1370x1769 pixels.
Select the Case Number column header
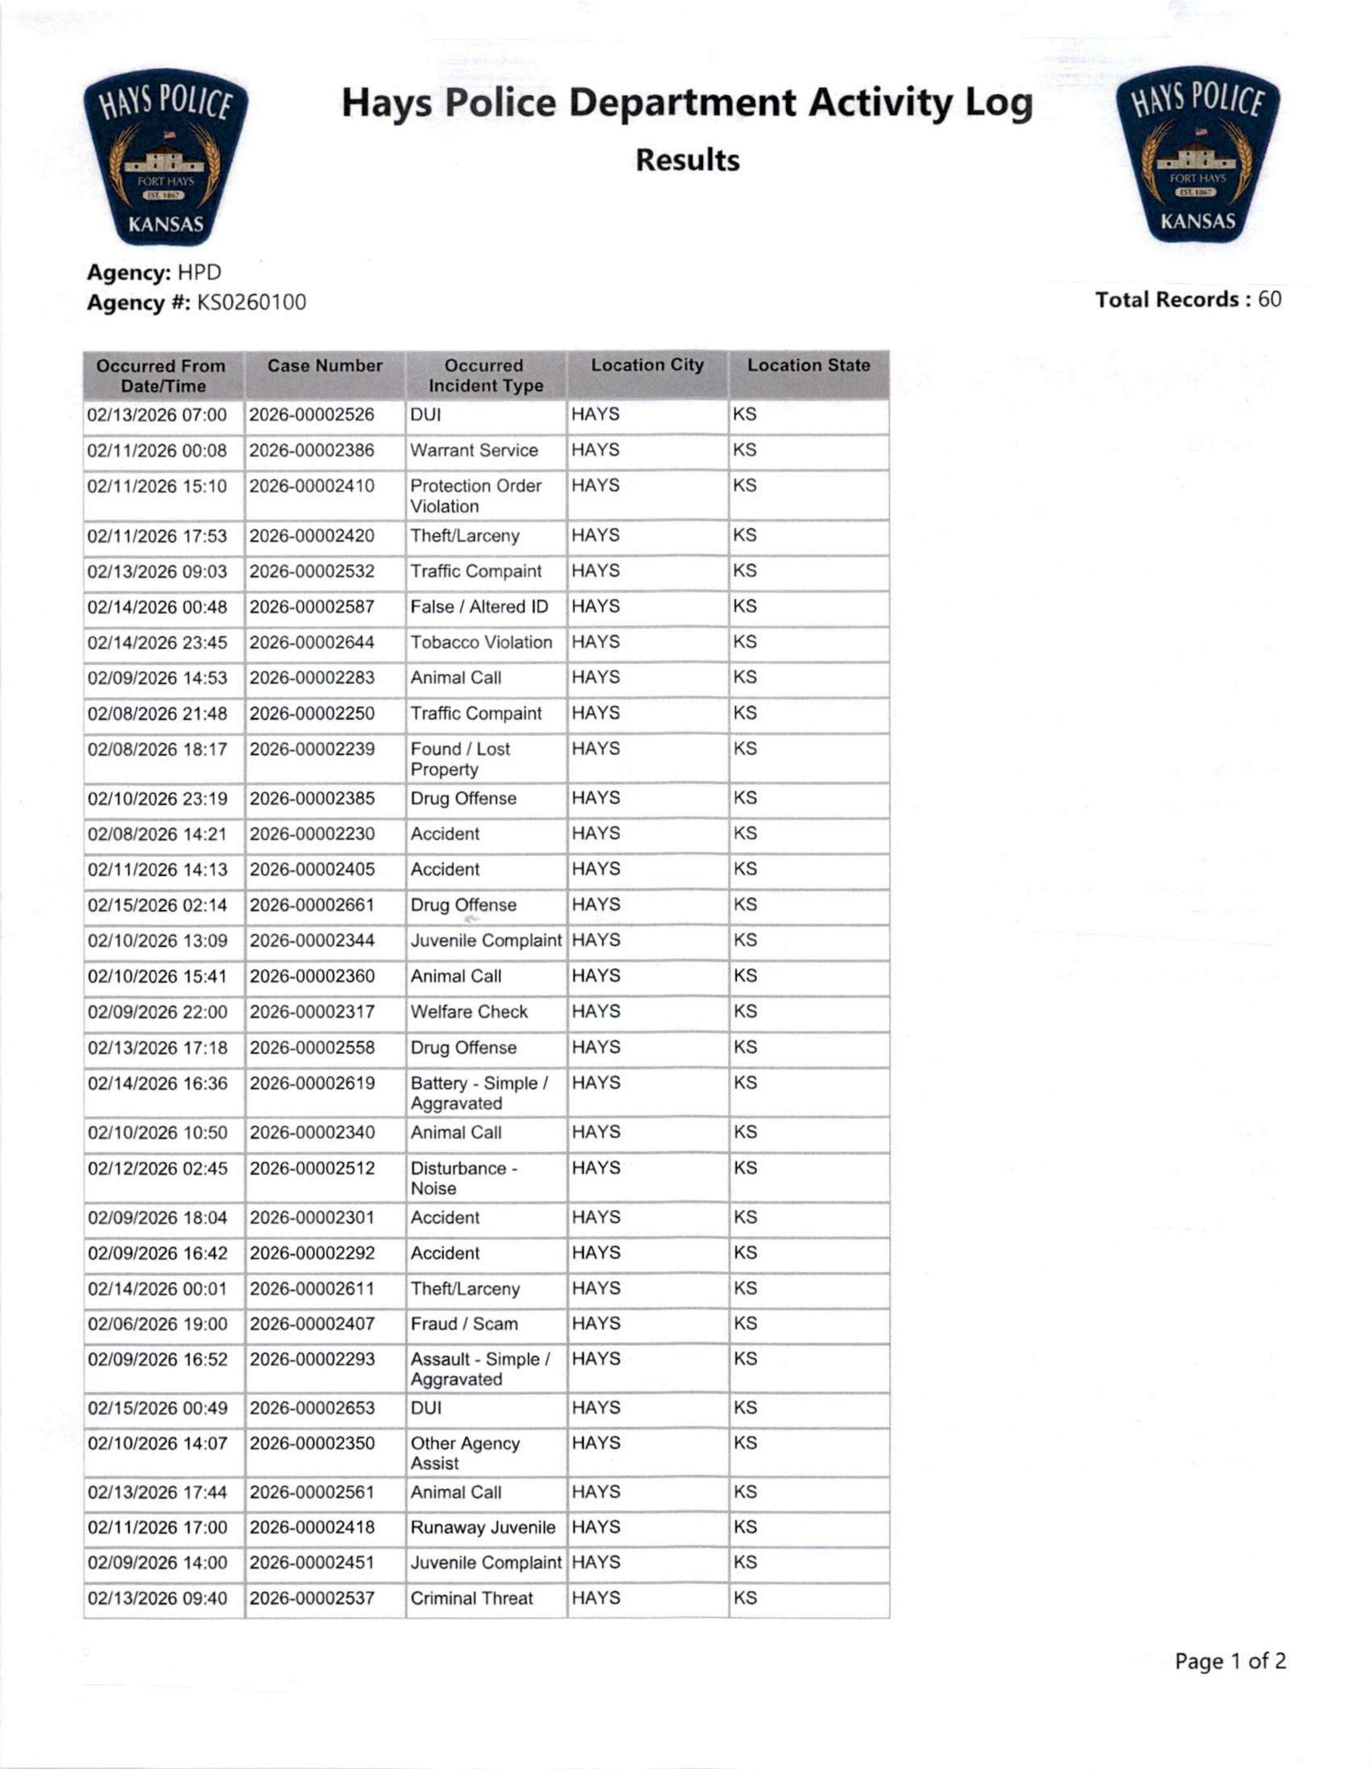point(325,366)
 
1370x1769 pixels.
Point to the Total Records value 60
point(1269,299)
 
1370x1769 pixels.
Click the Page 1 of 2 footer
point(1230,1661)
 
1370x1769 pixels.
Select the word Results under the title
point(687,160)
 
